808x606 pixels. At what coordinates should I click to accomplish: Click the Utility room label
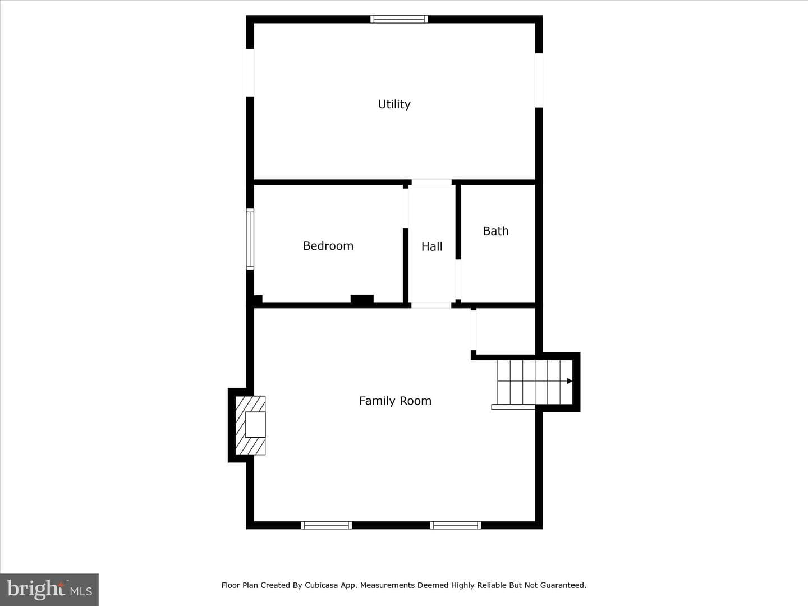click(394, 104)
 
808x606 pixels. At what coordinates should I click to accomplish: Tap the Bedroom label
click(328, 246)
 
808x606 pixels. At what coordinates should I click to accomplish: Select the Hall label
click(432, 246)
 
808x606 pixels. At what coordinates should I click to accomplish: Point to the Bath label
click(495, 231)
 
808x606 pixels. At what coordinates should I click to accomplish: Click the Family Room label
click(395, 401)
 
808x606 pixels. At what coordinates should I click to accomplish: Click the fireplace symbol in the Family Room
click(250, 425)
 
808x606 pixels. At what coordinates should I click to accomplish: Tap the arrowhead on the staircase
click(570, 381)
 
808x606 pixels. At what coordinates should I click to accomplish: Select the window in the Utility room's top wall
click(399, 19)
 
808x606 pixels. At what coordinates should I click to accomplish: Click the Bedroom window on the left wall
click(250, 239)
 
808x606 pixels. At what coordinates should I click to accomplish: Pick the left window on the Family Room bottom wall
click(327, 525)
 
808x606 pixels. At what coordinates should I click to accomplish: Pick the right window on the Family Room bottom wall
click(456, 525)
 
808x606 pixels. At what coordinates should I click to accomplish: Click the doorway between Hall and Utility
click(431, 182)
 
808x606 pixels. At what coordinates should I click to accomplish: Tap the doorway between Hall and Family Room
click(431, 305)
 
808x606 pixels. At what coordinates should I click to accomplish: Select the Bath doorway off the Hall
click(458, 279)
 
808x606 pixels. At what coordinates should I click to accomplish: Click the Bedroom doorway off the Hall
click(406, 208)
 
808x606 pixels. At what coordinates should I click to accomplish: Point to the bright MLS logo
click(49, 589)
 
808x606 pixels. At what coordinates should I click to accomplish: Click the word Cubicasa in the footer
click(321, 585)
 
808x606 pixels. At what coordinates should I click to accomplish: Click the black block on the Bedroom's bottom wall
click(362, 300)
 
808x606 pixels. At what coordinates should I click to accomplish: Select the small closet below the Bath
click(506, 331)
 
